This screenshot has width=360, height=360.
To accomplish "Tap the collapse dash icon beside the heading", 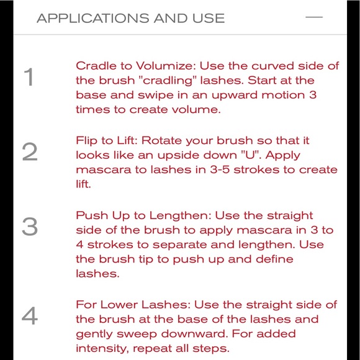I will pos(315,17).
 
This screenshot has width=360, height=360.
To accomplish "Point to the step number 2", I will pos(29,153).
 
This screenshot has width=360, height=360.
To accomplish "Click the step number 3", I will pos(29,227).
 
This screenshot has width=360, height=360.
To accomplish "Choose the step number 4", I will pos(29,317).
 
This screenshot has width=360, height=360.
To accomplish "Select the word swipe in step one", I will pos(151,95).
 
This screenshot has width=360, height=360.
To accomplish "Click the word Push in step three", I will pos(91,215).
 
